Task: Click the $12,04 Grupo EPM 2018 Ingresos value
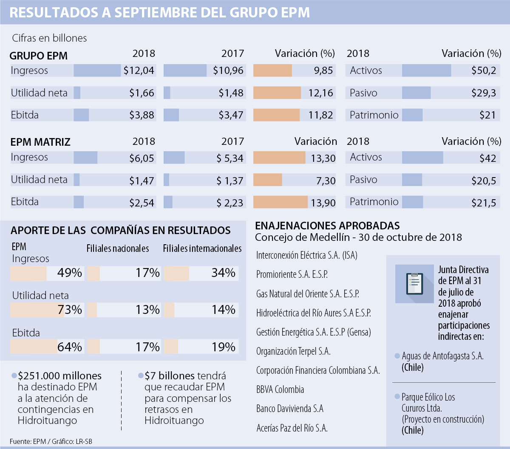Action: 139,71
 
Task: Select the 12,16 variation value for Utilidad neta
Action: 321,93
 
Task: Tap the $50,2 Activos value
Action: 484,71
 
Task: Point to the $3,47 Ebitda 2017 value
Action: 231,115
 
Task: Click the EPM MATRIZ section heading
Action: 40,142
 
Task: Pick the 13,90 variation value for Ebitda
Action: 323,203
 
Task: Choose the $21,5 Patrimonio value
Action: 484,203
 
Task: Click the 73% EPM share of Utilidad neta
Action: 70,310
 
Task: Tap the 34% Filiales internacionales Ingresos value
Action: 223,273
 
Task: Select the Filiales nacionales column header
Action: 118,249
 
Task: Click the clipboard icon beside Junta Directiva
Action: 414,283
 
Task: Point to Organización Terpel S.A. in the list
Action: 293,351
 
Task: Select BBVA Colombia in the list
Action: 280,390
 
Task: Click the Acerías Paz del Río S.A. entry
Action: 292,428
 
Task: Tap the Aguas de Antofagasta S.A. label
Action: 442,356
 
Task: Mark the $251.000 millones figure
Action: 59,376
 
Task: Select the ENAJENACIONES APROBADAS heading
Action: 327,225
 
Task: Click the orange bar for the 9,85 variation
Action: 272,71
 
